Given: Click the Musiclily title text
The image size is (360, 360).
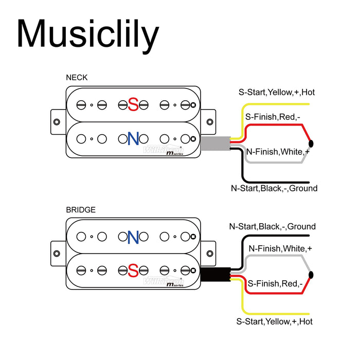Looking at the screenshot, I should coord(87,34).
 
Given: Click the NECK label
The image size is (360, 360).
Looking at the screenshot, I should coord(77,78).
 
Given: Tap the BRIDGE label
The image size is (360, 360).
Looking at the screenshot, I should coord(80,210).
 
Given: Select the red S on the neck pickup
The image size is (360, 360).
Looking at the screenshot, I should coord(133,105).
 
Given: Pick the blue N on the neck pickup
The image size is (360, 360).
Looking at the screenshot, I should coord(133,138).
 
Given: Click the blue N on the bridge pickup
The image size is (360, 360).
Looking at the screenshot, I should coord(133,237).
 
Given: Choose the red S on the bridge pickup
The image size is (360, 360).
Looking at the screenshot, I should coord(133,271).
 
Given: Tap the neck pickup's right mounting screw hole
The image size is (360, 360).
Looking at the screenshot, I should coord(209,122).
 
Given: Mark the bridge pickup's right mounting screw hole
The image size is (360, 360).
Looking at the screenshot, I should coord(209,254).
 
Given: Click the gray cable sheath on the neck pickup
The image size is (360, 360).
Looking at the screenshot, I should coord(215,144).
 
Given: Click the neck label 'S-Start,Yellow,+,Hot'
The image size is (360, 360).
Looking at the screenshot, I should coord(276,93).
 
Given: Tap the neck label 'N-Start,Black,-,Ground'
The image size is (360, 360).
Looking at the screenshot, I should coord(274,188).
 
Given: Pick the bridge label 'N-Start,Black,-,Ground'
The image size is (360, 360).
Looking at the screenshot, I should coord(272,226).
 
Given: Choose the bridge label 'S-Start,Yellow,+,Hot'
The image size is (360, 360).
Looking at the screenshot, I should coord(274,321).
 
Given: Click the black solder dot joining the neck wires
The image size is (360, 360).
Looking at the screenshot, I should coord(311,143).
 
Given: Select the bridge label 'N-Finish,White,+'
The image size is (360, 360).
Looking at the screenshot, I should coord(280,248).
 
